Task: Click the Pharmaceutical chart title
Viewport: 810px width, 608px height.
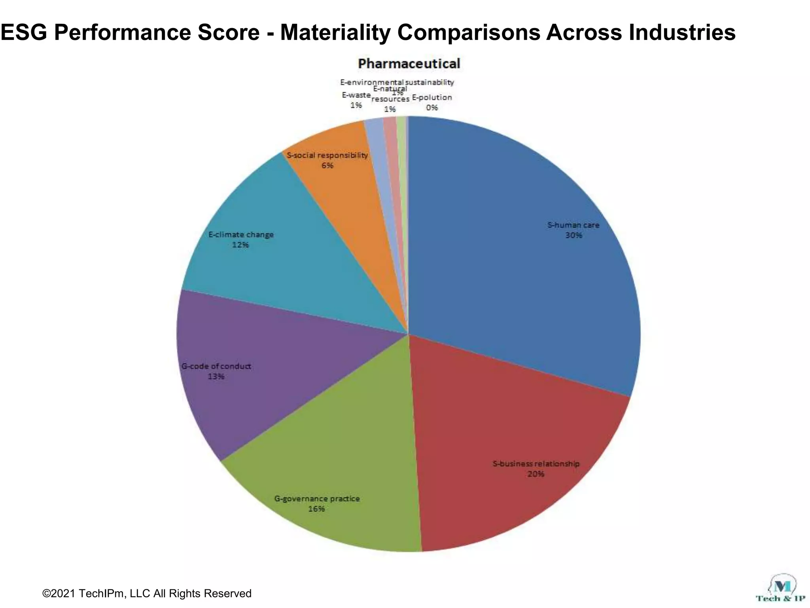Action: coord(409,64)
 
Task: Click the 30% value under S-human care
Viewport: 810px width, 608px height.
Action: coord(573,236)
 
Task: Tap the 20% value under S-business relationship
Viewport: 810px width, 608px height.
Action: coord(536,474)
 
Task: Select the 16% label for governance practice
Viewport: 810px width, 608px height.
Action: coord(317,509)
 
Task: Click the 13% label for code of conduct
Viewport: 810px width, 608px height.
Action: coord(216,376)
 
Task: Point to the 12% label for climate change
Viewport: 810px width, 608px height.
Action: coord(240,245)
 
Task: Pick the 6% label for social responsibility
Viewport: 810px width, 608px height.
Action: coord(327,165)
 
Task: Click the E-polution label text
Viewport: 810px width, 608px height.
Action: coord(432,97)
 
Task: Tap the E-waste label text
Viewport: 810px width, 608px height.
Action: coord(356,95)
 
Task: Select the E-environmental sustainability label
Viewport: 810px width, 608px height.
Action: coord(397,82)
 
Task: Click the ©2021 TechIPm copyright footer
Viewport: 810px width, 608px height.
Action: coord(147,593)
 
